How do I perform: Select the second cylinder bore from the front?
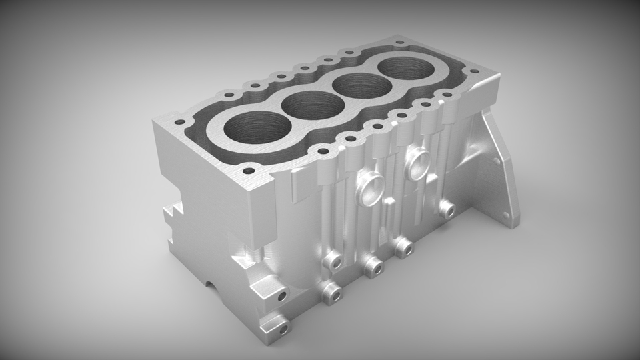tap(307, 105)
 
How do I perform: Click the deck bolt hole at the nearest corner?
tap(249, 171)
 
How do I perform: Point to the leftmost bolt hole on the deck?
tap(178, 122)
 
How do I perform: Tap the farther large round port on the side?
tap(419, 162)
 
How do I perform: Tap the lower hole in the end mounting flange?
tap(506, 215)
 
